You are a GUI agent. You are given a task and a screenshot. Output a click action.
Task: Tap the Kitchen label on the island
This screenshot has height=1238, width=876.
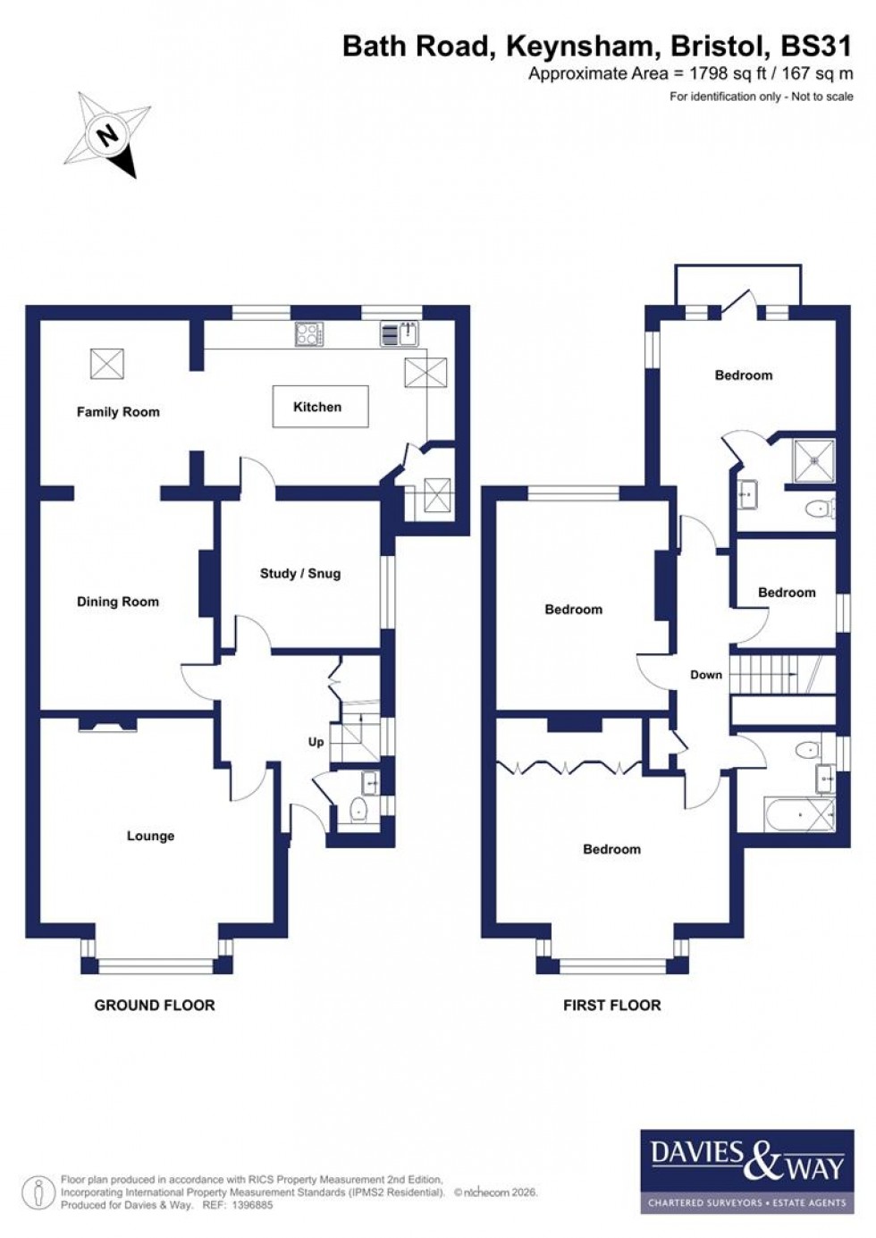point(317,407)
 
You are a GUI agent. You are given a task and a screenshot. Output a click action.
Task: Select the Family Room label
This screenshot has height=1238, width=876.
point(118,412)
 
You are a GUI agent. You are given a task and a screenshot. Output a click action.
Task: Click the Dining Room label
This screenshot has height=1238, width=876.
point(117,602)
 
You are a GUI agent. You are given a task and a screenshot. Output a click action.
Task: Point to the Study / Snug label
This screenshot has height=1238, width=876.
point(300,574)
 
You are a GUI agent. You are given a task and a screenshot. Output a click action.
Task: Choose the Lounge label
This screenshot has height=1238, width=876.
point(150,836)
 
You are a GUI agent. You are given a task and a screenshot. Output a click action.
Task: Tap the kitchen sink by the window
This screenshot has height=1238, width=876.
point(401,334)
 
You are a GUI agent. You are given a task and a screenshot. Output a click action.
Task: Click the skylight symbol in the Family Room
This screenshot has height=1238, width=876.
point(107,364)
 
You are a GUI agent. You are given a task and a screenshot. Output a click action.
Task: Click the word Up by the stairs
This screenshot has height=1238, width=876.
point(316,742)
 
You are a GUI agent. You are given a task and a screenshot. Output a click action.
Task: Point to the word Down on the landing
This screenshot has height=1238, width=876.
point(705,675)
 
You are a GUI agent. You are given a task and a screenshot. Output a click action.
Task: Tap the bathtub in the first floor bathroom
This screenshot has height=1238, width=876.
point(799,814)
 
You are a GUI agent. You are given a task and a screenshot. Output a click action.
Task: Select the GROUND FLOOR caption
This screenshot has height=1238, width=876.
point(155,1006)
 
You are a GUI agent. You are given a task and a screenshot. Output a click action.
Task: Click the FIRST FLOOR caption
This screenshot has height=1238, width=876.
point(611,1006)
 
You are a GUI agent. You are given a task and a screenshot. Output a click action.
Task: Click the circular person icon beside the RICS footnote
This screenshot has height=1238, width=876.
point(38,1192)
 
